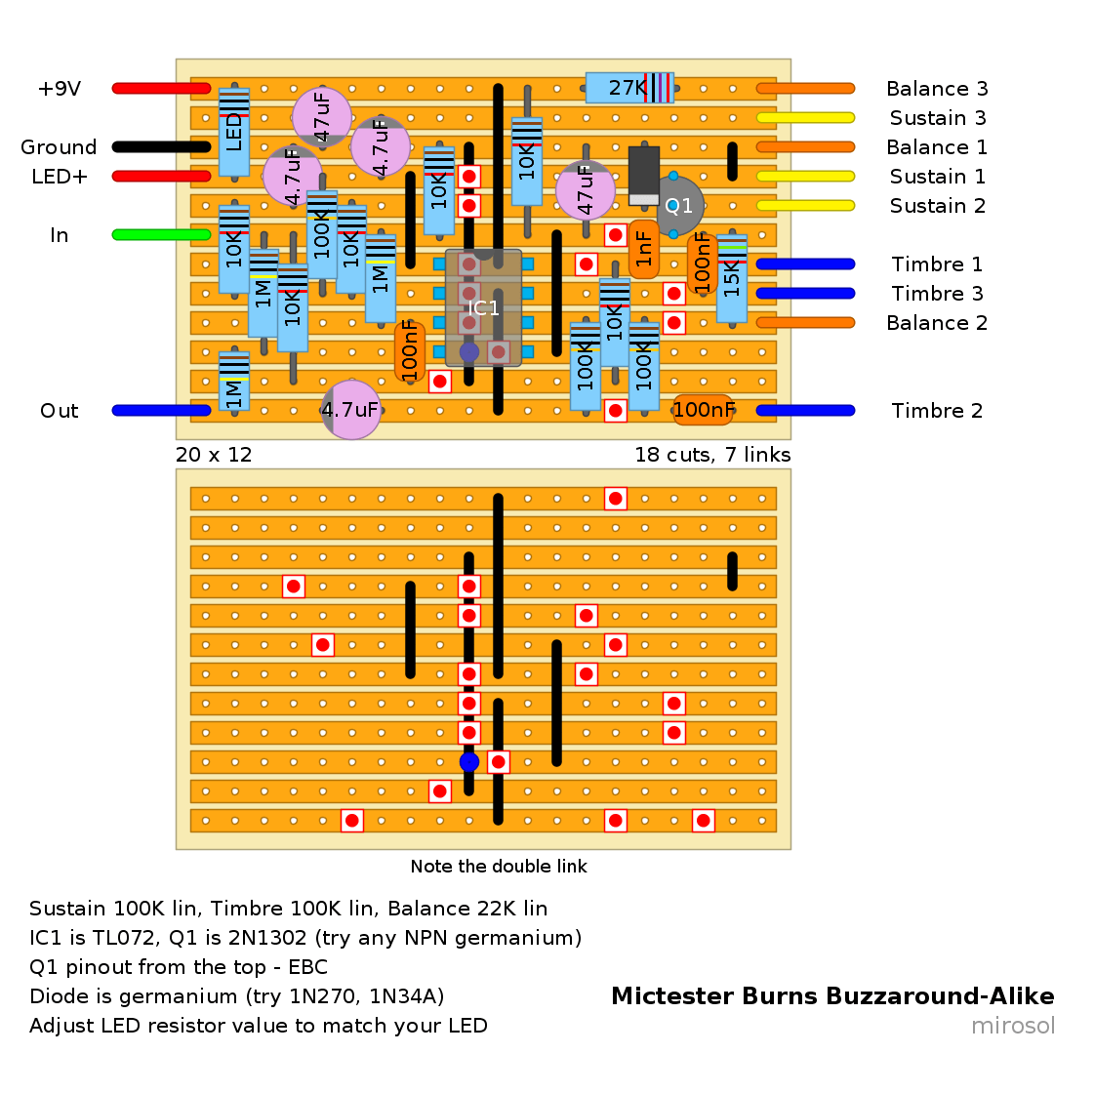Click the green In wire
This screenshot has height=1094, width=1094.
click(x=161, y=235)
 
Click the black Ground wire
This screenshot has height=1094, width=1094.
click(x=161, y=146)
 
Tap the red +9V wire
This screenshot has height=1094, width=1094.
click(x=161, y=89)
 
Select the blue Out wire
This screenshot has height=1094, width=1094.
click(x=161, y=410)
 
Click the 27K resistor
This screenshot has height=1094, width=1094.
click(x=630, y=88)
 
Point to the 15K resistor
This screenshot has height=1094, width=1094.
click(x=732, y=278)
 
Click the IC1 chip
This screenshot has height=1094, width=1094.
click(x=483, y=307)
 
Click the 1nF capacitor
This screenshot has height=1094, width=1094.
click(x=644, y=249)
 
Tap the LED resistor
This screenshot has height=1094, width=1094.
click(x=233, y=133)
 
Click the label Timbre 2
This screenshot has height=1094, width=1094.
click(x=937, y=410)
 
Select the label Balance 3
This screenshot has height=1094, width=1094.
click(x=937, y=89)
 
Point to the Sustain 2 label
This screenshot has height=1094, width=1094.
click(x=938, y=206)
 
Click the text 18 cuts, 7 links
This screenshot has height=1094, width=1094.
click(x=712, y=455)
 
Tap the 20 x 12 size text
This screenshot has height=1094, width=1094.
click(x=214, y=455)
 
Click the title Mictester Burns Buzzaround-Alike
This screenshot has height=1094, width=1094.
click(x=833, y=995)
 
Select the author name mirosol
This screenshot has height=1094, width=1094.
click(x=1013, y=1026)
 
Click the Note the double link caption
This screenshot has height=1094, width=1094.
click(x=499, y=867)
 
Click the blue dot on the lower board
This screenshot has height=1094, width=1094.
click(x=468, y=762)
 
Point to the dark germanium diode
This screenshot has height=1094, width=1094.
click(x=644, y=176)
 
